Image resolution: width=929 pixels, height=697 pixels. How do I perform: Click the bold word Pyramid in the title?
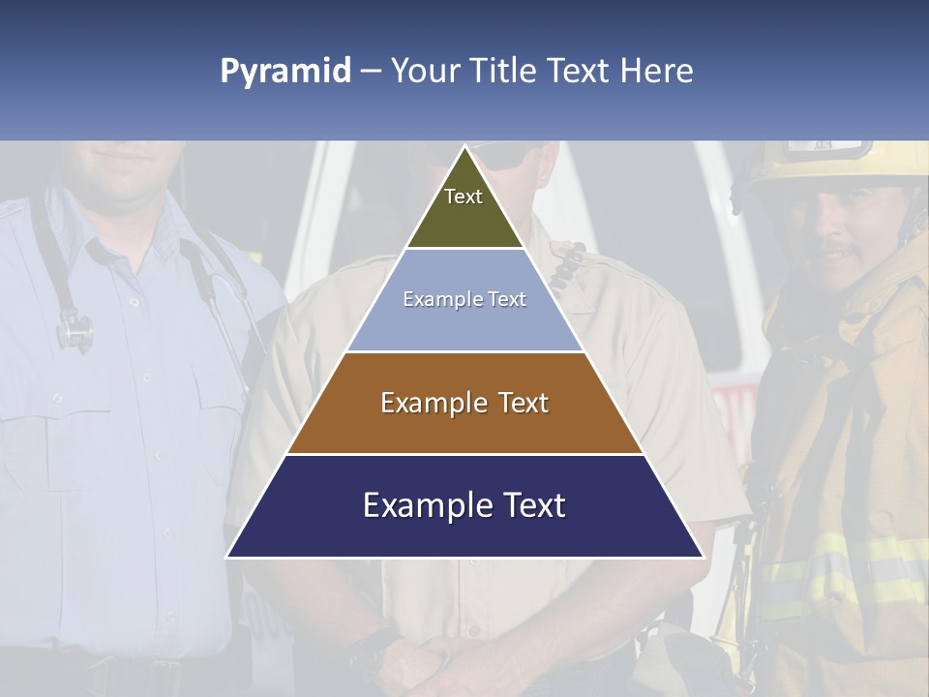(285, 71)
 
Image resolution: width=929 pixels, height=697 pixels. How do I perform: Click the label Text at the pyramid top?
(464, 197)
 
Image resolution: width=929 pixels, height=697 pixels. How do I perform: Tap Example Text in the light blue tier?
(464, 299)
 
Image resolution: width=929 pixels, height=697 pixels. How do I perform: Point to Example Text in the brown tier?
(464, 403)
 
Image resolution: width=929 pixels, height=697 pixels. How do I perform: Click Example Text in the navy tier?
(464, 505)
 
